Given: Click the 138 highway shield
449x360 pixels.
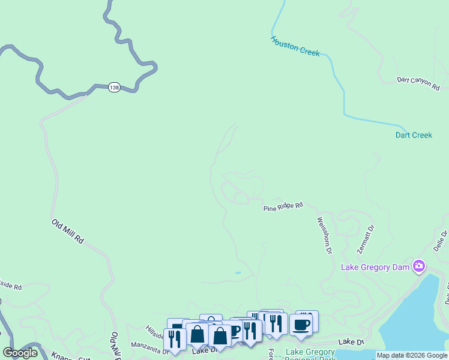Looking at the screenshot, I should (x=114, y=88).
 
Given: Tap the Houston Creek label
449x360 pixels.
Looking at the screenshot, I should (x=295, y=46).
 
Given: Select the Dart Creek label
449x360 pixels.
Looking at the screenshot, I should (x=414, y=135).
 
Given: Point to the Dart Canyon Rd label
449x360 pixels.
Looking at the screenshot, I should (x=418, y=83).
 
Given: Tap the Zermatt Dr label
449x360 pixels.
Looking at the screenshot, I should (x=365, y=238).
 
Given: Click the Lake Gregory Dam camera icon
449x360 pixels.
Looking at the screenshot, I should (x=419, y=266).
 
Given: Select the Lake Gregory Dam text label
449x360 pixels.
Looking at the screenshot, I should (x=375, y=266).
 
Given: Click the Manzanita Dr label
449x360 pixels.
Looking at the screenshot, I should (x=146, y=345).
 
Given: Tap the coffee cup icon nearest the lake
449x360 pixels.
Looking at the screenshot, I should (x=301, y=325).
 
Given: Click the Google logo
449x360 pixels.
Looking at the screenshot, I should (x=20, y=353).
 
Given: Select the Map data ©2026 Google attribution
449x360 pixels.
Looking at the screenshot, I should (x=412, y=356).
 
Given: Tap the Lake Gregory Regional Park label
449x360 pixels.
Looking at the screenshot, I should (x=310, y=354).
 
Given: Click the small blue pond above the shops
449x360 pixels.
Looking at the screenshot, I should (x=238, y=273).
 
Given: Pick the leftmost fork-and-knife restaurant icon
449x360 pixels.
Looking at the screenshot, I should (x=175, y=339).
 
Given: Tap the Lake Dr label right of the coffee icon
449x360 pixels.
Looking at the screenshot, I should (x=351, y=341).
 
